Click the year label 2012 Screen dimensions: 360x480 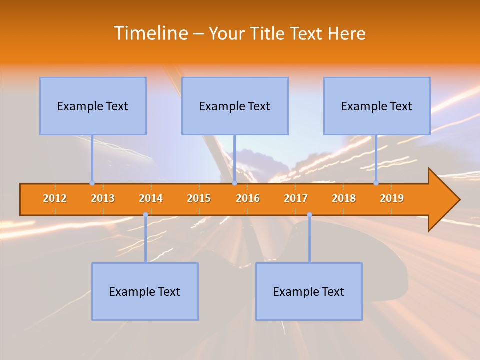click(x=55, y=198)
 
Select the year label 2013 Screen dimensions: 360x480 click(x=103, y=198)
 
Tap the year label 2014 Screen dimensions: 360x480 click(x=151, y=198)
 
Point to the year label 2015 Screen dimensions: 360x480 click(x=199, y=198)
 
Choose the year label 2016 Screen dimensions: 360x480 click(x=248, y=198)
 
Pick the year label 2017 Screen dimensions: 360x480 click(x=296, y=198)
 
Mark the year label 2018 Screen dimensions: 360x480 click(x=344, y=198)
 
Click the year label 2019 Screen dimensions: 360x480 click(x=392, y=198)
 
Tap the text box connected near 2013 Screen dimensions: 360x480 click(x=93, y=106)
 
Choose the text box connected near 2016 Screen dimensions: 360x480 click(x=235, y=106)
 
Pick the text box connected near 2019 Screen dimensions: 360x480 click(x=377, y=106)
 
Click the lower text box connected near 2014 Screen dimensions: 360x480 click(x=145, y=291)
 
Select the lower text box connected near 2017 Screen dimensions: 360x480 click(x=309, y=291)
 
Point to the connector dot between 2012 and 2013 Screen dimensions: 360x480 click(x=92, y=183)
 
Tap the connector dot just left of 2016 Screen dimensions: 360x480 click(x=234, y=183)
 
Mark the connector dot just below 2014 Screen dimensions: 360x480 click(x=145, y=215)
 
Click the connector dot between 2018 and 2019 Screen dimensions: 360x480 click(x=376, y=183)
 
